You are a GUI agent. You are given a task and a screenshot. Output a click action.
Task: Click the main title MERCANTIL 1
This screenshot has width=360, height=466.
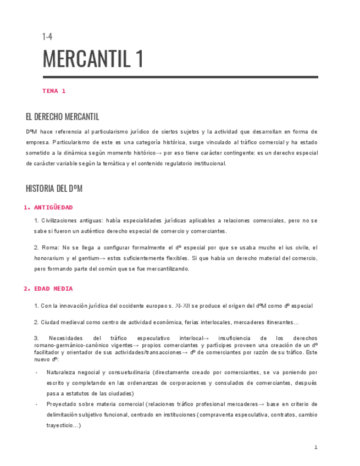pyautogui.click(x=93, y=59)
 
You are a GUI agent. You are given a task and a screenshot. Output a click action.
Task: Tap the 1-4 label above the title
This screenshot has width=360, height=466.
pyautogui.click(x=47, y=37)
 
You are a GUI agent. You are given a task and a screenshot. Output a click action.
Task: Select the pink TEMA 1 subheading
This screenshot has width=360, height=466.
pyautogui.click(x=54, y=91)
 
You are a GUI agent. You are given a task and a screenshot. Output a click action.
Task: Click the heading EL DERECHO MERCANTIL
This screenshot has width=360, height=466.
pyautogui.click(x=62, y=117)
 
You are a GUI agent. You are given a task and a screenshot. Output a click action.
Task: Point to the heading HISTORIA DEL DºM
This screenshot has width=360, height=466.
pyautogui.click(x=54, y=189)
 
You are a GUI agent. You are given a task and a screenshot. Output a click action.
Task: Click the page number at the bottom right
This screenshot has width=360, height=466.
pyautogui.click(x=315, y=448)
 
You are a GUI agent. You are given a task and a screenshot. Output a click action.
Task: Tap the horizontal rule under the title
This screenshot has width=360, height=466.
pyautogui.click(x=180, y=77)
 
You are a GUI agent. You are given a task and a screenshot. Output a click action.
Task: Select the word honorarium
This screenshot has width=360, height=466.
pyautogui.click(x=50, y=258)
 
